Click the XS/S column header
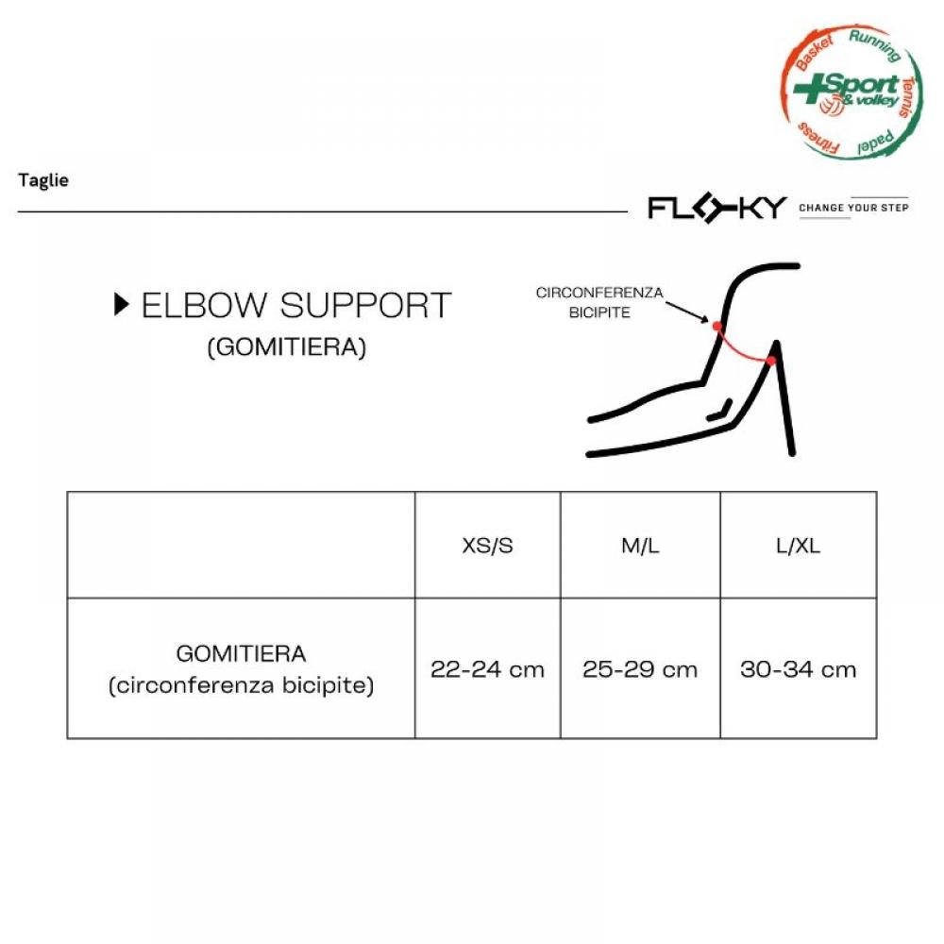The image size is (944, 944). (x=487, y=546)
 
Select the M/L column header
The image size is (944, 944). (x=640, y=546)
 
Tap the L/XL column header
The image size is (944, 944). (x=798, y=546)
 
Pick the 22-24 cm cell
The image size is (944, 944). (x=487, y=669)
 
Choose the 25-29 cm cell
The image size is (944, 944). (x=640, y=669)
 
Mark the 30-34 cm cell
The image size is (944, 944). (x=798, y=669)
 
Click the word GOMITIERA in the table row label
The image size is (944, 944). (x=241, y=653)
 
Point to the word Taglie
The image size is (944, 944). (x=43, y=180)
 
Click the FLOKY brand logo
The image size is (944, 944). (x=716, y=208)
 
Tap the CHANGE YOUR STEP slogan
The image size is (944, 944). (x=853, y=208)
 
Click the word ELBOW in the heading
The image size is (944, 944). (x=204, y=305)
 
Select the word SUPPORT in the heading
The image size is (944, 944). (x=365, y=305)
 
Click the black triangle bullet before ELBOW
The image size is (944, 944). (x=121, y=305)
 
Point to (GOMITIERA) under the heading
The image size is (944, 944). (x=287, y=347)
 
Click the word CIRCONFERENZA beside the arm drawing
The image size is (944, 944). (x=599, y=293)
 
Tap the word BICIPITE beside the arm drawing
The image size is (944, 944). (x=599, y=312)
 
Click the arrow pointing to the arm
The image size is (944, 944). (x=687, y=312)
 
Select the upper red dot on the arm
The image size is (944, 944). (x=716, y=327)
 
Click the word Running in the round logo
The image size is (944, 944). (x=875, y=44)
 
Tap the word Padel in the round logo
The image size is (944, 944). (x=875, y=143)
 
